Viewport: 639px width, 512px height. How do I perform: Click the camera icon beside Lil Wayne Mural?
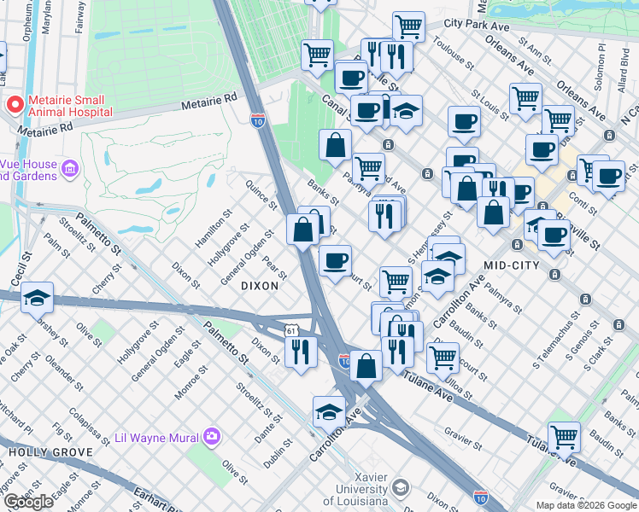click(x=212, y=438)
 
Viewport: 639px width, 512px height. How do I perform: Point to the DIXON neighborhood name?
click(x=260, y=286)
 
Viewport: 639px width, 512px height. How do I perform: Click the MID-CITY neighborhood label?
click(x=512, y=265)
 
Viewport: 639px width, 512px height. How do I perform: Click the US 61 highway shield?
click(x=292, y=330)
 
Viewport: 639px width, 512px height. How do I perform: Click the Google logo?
click(x=28, y=502)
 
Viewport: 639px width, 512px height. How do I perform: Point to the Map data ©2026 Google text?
click(x=586, y=505)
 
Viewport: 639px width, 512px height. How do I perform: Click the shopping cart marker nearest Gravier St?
click(x=564, y=438)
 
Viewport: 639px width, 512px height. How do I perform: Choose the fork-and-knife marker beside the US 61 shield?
click(x=300, y=352)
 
